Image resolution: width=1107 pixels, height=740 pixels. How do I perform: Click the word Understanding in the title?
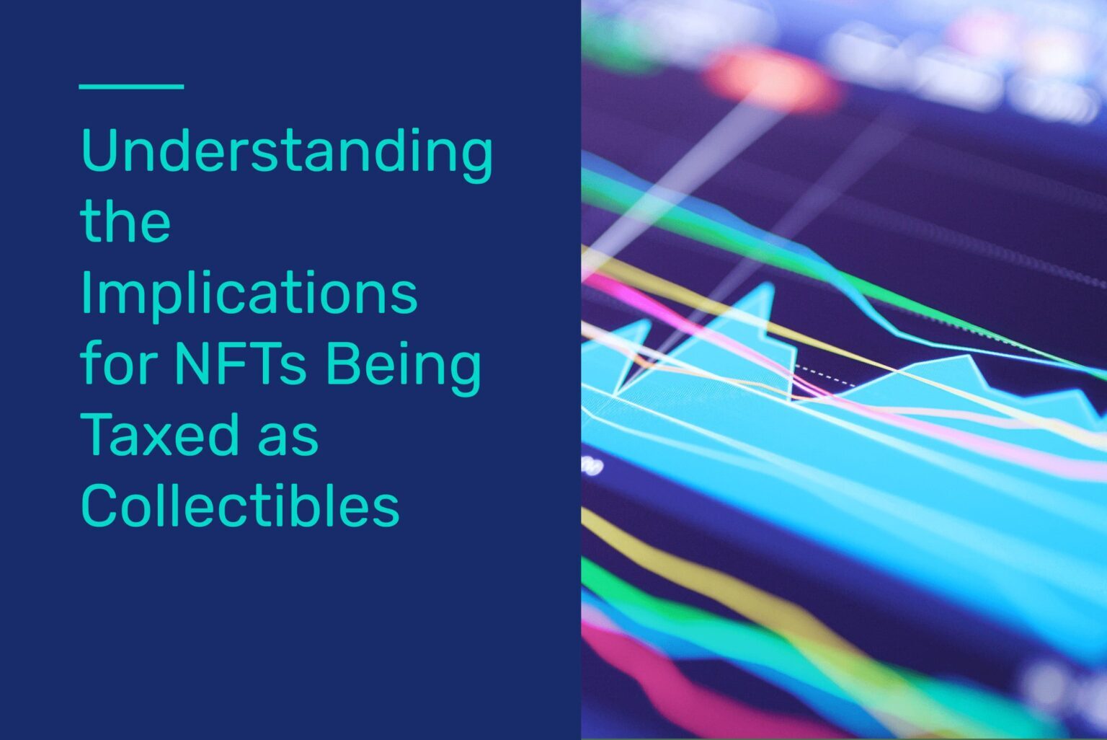click(x=287, y=155)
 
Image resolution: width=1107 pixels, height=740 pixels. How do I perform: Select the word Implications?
click(x=249, y=296)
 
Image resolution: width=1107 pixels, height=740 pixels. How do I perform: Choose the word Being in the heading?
click(x=404, y=369)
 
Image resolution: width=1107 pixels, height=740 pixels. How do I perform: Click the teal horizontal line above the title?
click(x=131, y=87)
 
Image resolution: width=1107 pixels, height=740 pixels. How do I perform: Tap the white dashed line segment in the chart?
click(x=825, y=375)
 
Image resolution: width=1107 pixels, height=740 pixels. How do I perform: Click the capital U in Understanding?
click(x=100, y=149)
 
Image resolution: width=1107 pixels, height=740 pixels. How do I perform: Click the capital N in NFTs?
click(x=192, y=364)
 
